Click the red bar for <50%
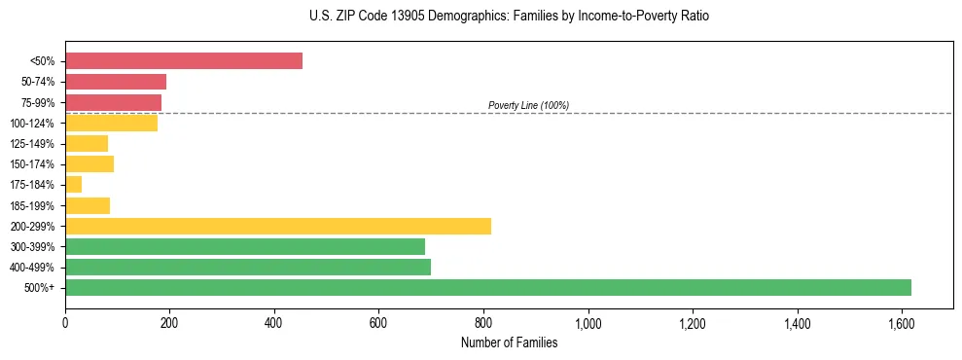click(184, 61)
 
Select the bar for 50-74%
click(116, 82)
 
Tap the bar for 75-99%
click(113, 102)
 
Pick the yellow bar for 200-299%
click(278, 226)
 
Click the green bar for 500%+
click(488, 287)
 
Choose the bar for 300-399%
click(245, 246)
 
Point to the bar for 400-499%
click(248, 267)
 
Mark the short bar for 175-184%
click(74, 184)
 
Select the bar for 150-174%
click(89, 163)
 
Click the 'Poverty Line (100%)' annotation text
click(528, 105)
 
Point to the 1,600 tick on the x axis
click(902, 322)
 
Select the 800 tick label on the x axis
click(483, 322)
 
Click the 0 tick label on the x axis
click(65, 322)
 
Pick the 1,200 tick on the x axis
click(693, 322)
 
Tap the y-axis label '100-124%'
click(34, 124)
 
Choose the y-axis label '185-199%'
click(34, 205)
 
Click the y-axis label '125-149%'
click(34, 144)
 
